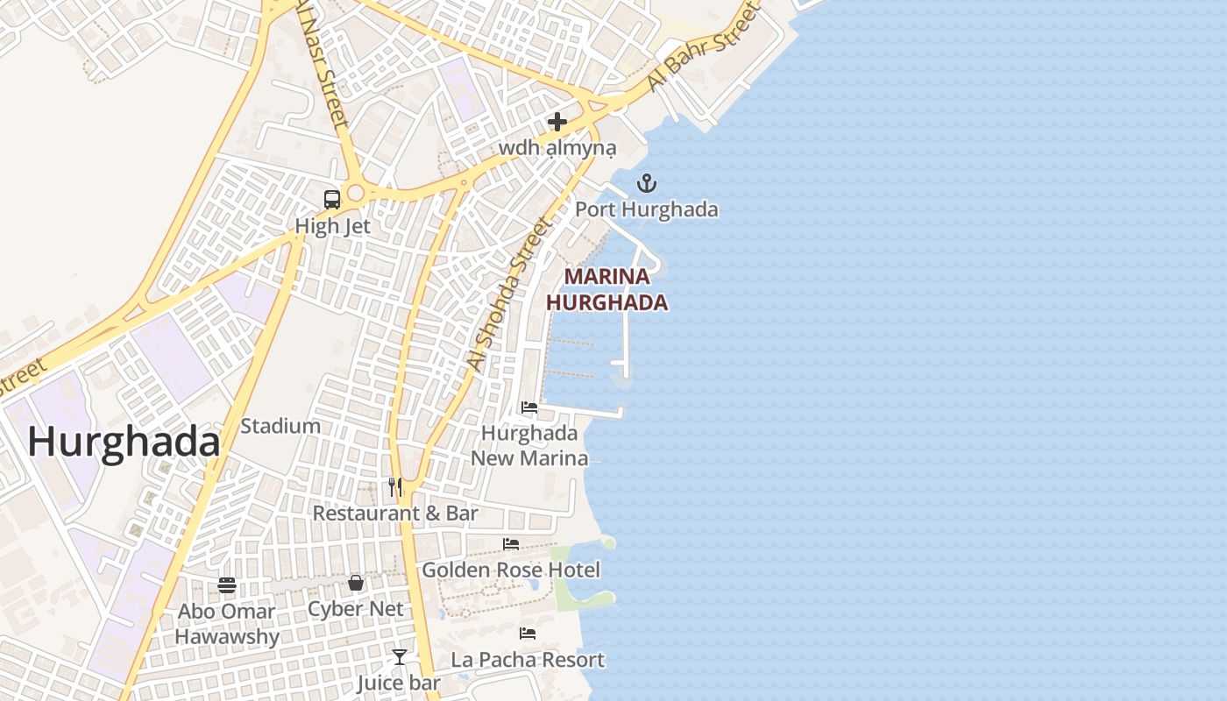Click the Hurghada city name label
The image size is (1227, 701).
coord(124,442)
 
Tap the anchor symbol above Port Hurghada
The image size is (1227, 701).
coord(646,183)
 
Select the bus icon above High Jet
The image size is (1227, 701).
coord(332,199)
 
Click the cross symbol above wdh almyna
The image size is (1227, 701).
coord(557,122)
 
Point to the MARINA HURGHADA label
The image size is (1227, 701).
coord(606,290)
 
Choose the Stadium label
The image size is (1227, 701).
coord(280,427)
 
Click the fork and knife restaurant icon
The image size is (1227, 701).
coord(395,486)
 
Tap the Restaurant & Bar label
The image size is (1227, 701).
coord(395,513)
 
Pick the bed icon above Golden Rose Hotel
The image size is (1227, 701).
coord(511,544)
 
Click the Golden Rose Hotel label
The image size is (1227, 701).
coord(511,570)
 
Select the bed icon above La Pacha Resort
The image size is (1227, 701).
coord(528,633)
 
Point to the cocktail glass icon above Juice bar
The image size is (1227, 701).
coord(399,656)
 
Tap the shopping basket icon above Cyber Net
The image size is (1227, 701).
coord(356,583)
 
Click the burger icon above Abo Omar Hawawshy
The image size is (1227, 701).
coord(227,584)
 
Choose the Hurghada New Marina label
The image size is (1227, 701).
coord(529,445)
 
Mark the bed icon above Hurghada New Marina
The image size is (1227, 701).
coord(529,407)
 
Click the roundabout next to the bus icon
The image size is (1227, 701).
coord(356,193)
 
